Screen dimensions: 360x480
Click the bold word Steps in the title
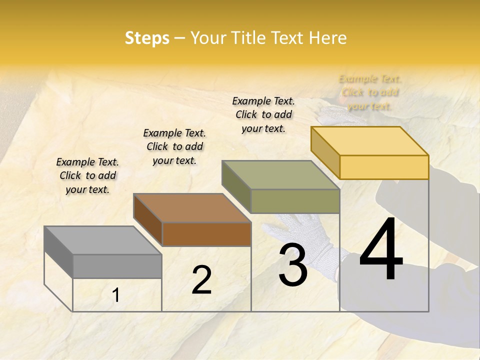click(147, 38)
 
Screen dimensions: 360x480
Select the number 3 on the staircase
click(293, 266)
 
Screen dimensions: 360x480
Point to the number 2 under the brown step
click(201, 280)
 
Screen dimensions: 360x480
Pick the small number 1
click(116, 295)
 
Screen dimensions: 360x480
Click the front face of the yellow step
click(384, 167)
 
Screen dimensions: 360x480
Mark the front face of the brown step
click(206, 234)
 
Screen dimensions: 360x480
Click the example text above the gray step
click(87, 175)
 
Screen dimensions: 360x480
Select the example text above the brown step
click(174, 146)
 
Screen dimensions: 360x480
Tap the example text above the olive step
click(263, 114)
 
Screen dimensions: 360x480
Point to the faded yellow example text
click(370, 92)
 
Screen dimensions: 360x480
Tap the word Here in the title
click(327, 38)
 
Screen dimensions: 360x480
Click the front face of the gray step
click(117, 266)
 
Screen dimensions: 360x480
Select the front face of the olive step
click(295, 201)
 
